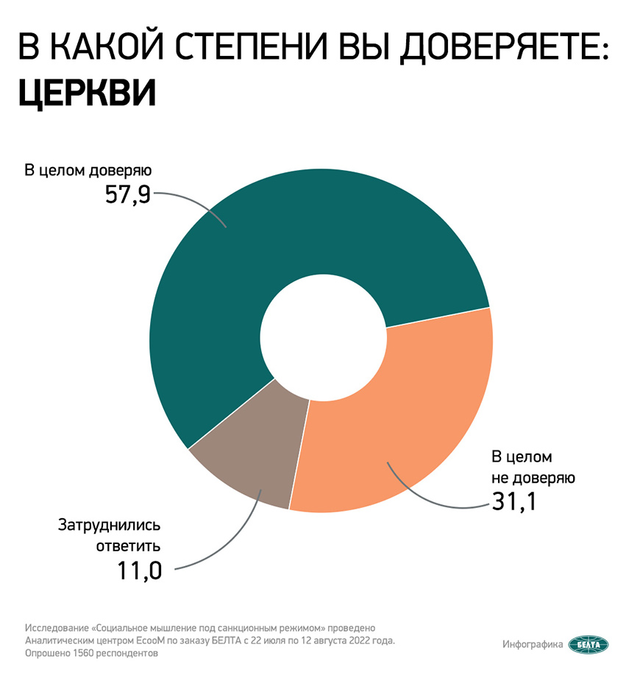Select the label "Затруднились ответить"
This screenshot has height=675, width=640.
click(x=109, y=536)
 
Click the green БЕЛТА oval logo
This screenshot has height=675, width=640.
click(x=589, y=644)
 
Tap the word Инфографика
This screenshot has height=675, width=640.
click(x=533, y=644)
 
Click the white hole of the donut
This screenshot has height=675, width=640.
click(x=321, y=340)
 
